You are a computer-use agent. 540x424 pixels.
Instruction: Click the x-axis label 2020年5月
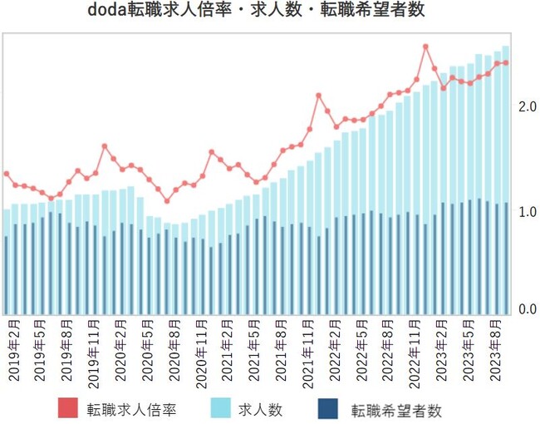tap(149, 350)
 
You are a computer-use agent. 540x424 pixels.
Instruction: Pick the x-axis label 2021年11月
tap(308, 349)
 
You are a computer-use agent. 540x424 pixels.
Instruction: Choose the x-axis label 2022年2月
tap(335, 350)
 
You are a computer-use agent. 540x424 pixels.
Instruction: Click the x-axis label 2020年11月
tap(202, 349)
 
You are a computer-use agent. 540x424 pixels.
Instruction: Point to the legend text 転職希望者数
tap(395, 409)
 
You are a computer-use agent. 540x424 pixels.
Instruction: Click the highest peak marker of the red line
tap(425, 47)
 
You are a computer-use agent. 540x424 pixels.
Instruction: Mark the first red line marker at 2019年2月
tap(7, 174)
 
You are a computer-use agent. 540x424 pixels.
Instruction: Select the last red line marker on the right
tap(505, 62)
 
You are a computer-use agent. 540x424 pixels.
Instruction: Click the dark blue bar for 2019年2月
tap(7, 274)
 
